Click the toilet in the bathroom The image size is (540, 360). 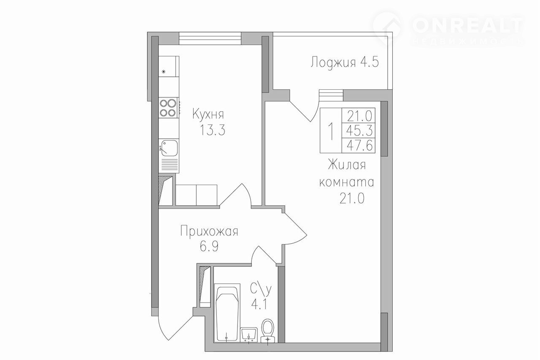(268, 330)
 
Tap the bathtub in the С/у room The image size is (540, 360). (227, 313)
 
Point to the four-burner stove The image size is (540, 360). (168, 108)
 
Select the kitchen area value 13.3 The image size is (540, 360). (212, 130)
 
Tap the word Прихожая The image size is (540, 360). (209, 231)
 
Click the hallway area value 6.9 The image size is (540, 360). (209, 246)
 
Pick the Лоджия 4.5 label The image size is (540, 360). (345, 62)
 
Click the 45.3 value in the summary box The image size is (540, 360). (359, 131)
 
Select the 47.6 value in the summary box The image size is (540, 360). (359, 146)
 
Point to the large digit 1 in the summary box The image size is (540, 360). (332, 131)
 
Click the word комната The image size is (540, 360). (347, 183)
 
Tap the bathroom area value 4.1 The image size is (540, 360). (259, 305)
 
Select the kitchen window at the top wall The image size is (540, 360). (210, 38)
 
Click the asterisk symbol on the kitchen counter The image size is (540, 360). (164, 72)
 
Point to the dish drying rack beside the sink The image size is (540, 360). (169, 165)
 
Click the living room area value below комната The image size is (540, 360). (352, 199)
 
